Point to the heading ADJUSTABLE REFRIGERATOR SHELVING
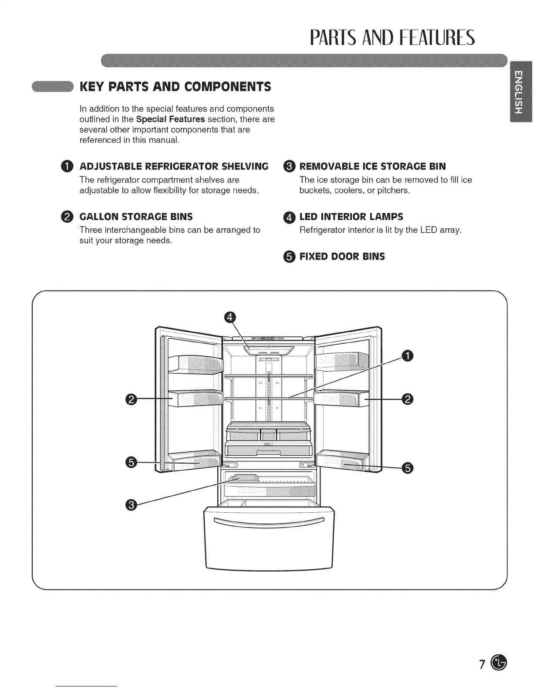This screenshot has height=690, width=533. (x=173, y=166)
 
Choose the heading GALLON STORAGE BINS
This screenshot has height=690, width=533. (x=136, y=216)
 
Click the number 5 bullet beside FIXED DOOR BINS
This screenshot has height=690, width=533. (x=290, y=257)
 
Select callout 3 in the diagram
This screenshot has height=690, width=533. (x=130, y=504)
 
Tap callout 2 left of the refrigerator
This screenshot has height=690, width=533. (x=130, y=399)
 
